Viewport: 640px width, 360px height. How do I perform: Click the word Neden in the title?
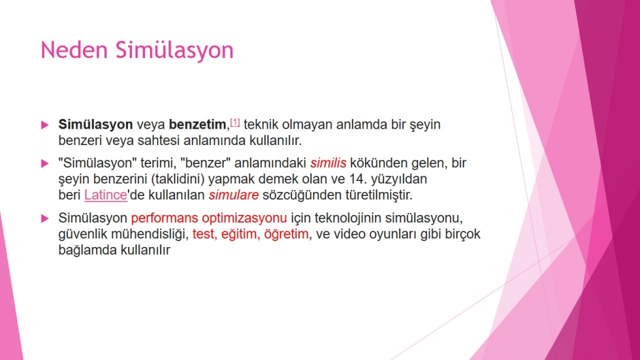click(x=74, y=50)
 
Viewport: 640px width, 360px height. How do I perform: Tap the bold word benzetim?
click(x=197, y=125)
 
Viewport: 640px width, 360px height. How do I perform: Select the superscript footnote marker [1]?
click(x=234, y=122)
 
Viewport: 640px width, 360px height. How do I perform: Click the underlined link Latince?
click(x=106, y=195)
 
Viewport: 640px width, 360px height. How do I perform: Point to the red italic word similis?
click(x=328, y=163)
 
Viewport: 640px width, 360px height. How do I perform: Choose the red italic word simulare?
click(x=234, y=195)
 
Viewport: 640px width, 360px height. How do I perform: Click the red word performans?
click(x=164, y=218)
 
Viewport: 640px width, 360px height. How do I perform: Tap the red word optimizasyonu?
click(x=244, y=218)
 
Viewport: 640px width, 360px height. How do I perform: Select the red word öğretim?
click(x=286, y=235)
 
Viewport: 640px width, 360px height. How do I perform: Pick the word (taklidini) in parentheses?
click(x=178, y=179)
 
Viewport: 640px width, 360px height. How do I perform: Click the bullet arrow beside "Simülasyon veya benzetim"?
click(x=45, y=125)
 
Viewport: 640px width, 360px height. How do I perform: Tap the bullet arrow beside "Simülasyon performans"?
click(x=45, y=219)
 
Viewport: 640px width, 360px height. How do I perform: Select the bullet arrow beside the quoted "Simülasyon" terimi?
click(x=45, y=164)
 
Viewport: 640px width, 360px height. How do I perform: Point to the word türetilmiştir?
click(x=379, y=195)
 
